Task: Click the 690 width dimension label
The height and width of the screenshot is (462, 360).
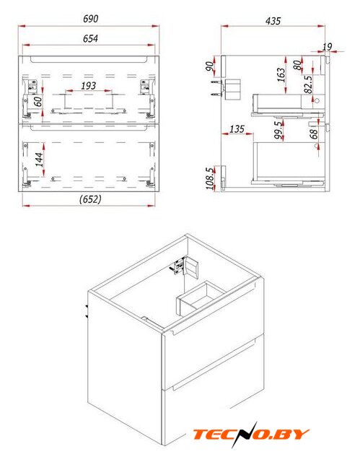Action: click(x=90, y=19)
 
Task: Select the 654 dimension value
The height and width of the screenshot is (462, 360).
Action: click(x=90, y=38)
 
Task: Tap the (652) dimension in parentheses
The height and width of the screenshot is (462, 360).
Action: click(x=90, y=199)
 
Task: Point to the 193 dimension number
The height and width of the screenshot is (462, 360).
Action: click(x=88, y=86)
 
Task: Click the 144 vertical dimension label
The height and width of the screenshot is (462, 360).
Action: click(x=39, y=160)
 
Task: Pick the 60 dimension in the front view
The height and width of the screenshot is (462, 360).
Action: click(x=38, y=102)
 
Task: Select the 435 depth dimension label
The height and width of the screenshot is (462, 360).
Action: click(x=273, y=21)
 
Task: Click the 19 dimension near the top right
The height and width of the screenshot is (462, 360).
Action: click(x=327, y=46)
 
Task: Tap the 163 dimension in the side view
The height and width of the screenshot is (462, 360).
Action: click(x=281, y=75)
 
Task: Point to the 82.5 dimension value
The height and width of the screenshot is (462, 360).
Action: click(x=308, y=84)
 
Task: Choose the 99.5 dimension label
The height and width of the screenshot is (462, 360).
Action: click(x=278, y=131)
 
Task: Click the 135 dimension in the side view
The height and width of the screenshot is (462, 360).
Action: click(x=237, y=128)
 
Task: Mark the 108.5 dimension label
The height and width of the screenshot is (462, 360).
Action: click(x=210, y=178)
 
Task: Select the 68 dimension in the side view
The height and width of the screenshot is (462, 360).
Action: click(x=314, y=134)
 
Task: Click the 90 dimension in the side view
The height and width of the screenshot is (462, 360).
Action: click(x=210, y=66)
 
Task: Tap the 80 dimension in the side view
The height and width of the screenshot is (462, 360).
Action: click(x=298, y=65)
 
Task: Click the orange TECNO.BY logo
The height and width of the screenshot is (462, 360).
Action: click(x=251, y=434)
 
